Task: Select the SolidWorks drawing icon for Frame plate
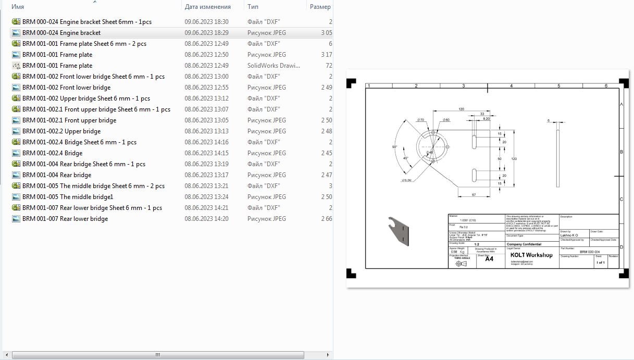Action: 16,66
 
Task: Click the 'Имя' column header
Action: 18,7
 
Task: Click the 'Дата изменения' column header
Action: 207,7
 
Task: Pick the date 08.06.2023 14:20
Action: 206,219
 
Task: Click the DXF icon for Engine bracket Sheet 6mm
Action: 16,22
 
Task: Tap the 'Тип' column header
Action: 253,7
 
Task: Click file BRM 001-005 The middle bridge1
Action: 68,197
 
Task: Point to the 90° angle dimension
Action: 394,147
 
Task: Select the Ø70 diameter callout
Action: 421,120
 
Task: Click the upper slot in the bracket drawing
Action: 475,142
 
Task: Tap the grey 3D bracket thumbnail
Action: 399,230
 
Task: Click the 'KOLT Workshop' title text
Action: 531,255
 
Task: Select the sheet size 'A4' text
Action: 489,259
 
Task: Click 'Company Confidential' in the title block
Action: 524,244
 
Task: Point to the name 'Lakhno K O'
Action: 569,235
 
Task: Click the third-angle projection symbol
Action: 461,264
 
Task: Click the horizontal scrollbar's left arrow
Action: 6,355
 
